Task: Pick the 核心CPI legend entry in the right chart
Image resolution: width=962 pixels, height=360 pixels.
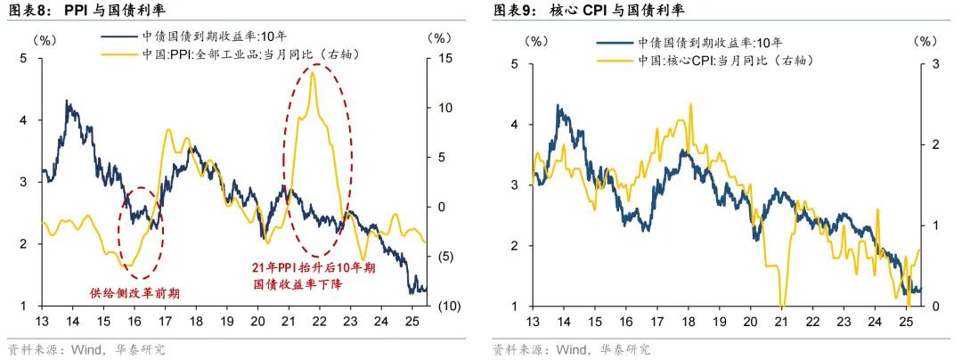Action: pyautogui.click(x=725, y=60)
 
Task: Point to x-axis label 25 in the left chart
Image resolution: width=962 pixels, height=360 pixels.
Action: pyautogui.click(x=410, y=322)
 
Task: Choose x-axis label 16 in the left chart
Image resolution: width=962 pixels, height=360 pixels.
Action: pyautogui.click(x=135, y=322)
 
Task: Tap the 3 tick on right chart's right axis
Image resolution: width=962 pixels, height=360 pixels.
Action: pyautogui.click(x=934, y=64)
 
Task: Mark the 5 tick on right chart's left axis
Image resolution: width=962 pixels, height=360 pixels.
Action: pyautogui.click(x=515, y=64)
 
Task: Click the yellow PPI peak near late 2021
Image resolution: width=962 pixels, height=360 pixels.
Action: pyautogui.click(x=313, y=73)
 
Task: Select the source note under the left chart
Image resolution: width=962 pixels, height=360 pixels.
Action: pyautogui.click(x=86, y=348)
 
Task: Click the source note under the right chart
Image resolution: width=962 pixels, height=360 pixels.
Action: pyautogui.click(x=571, y=348)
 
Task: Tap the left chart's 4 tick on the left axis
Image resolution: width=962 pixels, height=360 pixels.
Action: pyautogui.click(x=23, y=120)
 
